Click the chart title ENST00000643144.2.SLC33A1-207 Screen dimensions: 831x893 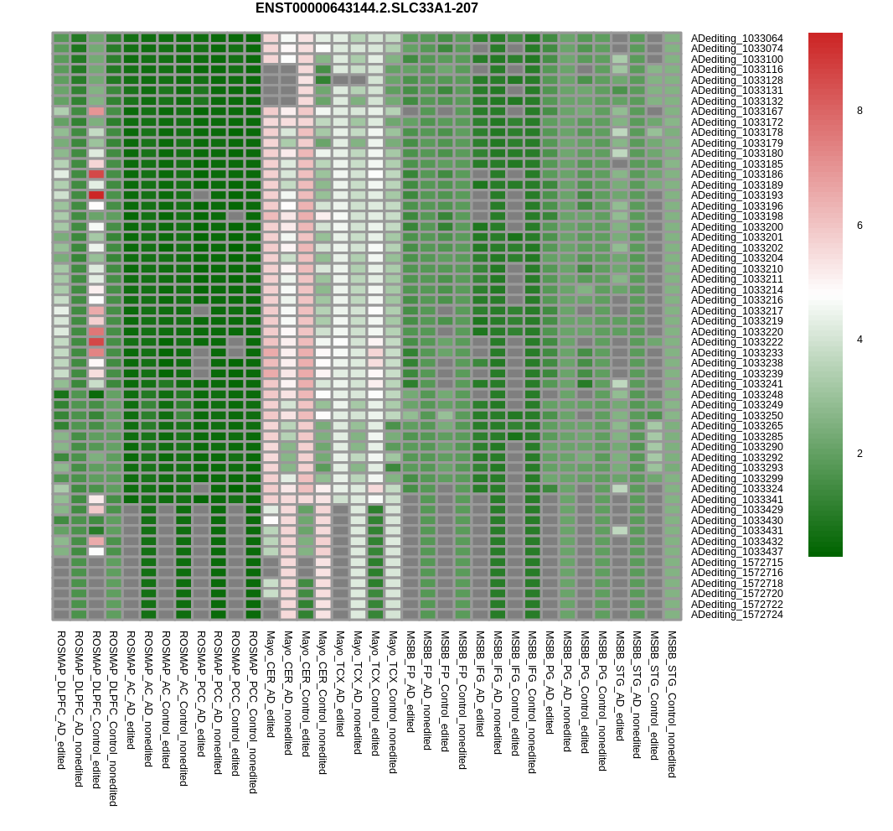(x=366, y=8)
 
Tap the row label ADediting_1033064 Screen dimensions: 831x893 (x=736, y=39)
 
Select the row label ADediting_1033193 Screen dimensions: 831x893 (x=736, y=195)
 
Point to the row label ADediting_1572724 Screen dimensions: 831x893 (x=736, y=615)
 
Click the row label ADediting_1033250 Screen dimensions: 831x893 (x=736, y=416)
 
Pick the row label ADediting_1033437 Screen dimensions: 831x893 (x=736, y=552)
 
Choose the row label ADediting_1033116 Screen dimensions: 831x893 (x=736, y=70)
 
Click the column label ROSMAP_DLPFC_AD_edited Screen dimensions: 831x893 (x=61, y=699)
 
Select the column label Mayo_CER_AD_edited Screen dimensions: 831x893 (x=271, y=684)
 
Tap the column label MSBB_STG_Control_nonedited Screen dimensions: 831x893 (x=672, y=704)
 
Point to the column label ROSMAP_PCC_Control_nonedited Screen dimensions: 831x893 (x=253, y=712)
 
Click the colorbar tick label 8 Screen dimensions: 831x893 (x=859, y=111)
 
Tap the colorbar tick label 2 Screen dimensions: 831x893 (x=859, y=454)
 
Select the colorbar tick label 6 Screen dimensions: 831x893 (x=859, y=226)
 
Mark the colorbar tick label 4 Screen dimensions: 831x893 (x=859, y=340)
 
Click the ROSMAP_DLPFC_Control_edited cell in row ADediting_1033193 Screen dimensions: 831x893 (x=96, y=195)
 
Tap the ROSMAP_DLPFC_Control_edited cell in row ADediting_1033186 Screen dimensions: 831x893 (x=96, y=174)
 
